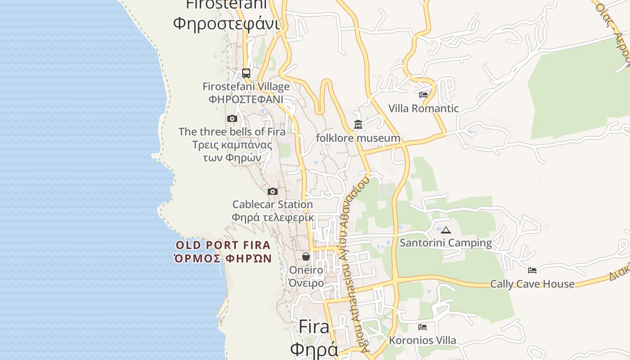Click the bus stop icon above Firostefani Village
pos(246,73)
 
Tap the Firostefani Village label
pos(246,86)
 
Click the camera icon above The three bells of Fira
pos(232,119)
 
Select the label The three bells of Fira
pos(232,132)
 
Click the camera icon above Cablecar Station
pos(273,192)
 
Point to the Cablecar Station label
pos(272,205)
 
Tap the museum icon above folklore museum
pos(358,124)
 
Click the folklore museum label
pos(358,138)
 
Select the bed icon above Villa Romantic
pos(423,95)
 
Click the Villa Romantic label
pos(423,108)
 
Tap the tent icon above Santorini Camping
pos(446,230)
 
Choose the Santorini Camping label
pos(446,243)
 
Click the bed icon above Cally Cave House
pos(532,270)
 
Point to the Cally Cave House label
pos(532,284)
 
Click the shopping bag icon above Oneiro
pos(306,256)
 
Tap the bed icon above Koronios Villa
pos(423,327)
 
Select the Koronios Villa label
pos(423,341)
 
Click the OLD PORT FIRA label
pos(223,245)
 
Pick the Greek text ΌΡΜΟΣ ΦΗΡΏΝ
pos(223,259)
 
